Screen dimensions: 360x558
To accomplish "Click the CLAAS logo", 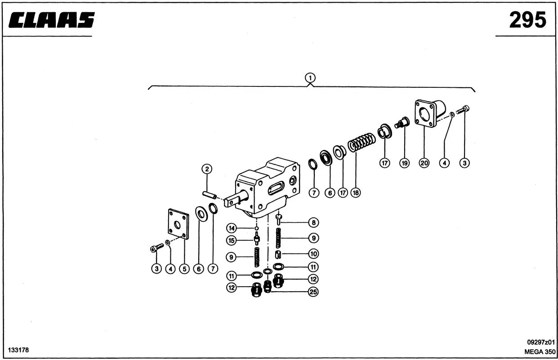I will (x=52, y=20).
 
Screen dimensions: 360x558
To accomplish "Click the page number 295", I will (x=527, y=20).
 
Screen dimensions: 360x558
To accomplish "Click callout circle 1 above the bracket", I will (x=310, y=77).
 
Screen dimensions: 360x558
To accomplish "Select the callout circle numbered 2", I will (x=207, y=169).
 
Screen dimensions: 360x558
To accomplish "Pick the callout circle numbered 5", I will (x=184, y=269).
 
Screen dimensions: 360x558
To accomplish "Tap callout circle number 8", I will (x=313, y=222).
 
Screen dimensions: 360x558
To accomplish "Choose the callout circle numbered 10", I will (x=313, y=254).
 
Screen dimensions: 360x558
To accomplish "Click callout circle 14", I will (x=231, y=227).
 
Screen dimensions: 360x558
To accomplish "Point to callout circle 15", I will (x=231, y=241).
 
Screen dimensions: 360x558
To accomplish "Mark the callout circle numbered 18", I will (x=356, y=193).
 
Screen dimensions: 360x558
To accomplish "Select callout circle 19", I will (x=404, y=163).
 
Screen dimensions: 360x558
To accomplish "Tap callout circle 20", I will (x=424, y=163).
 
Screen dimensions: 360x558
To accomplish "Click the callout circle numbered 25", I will (x=313, y=292).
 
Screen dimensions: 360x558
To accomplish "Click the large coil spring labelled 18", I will (x=362, y=143).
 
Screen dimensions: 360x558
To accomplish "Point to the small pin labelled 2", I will (x=210, y=194).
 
